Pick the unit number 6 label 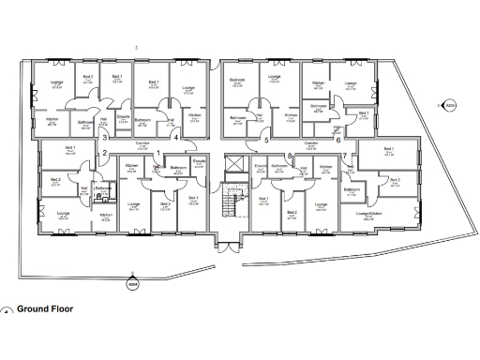click(338, 140)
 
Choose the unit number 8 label click(291, 155)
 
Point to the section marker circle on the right click(449, 106)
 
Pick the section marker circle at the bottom click(131, 277)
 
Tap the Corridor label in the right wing click(311, 144)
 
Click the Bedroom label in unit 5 click(238, 81)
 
